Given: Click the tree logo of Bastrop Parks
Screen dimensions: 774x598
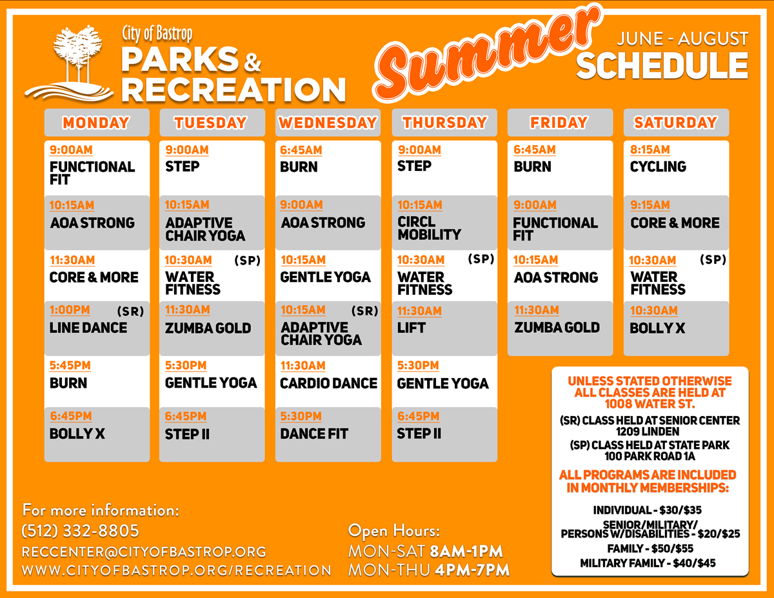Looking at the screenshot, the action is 69,63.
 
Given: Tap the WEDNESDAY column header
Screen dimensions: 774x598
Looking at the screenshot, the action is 328,123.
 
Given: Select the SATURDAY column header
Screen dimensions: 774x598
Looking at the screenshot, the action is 676,123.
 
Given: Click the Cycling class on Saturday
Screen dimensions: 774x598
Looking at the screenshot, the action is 658,166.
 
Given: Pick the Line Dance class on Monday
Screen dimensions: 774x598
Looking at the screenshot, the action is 88,328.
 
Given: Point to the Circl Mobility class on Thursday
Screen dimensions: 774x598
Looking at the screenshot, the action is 429,228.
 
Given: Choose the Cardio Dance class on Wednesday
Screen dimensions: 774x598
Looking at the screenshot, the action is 328,383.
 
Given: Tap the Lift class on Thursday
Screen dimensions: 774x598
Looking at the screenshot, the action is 412,328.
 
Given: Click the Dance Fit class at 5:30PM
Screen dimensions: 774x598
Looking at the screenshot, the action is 314,434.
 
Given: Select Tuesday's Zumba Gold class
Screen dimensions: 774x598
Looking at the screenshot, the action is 208,328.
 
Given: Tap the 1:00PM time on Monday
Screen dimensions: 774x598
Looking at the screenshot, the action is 70,310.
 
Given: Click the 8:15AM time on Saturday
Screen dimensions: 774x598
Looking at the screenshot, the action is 650,150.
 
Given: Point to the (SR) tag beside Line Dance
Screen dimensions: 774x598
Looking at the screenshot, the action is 130,312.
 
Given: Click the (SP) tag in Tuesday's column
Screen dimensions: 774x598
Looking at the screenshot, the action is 248,261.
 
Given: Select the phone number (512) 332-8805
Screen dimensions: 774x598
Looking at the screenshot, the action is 80,531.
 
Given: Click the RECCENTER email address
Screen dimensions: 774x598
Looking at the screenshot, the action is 144,552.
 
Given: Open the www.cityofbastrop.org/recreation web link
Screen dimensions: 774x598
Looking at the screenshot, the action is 177,570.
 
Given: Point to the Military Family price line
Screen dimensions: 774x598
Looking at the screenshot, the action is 648,563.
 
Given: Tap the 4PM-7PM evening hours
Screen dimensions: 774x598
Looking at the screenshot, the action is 472,570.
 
